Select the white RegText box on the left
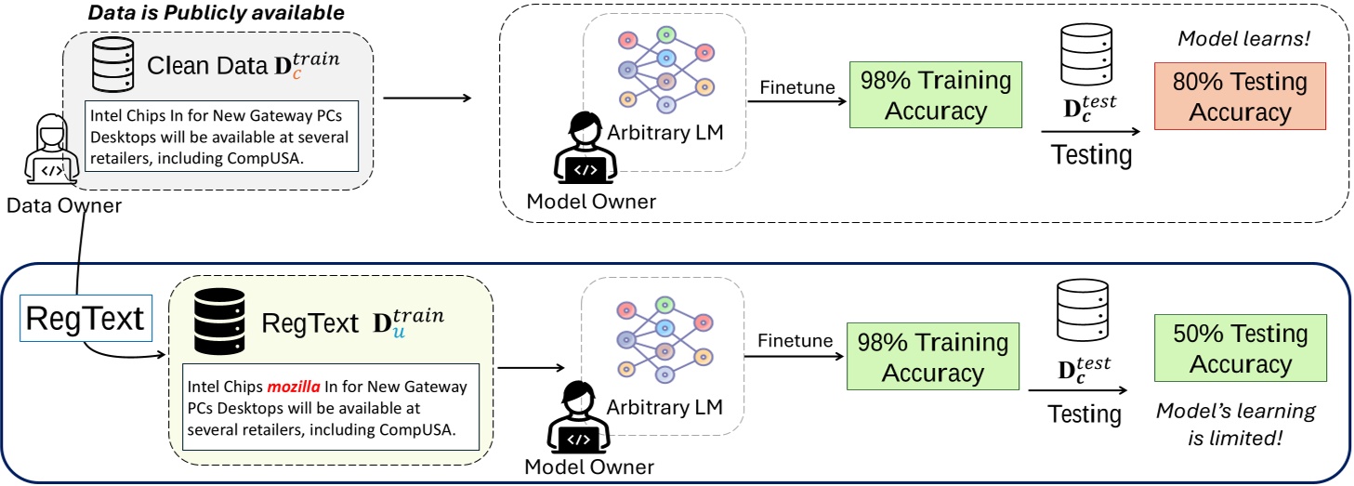(85, 319)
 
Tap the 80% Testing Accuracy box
(1239, 98)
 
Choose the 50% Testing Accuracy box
(1239, 348)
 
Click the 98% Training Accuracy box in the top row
(935, 95)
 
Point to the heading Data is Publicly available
(216, 14)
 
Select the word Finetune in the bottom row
(795, 341)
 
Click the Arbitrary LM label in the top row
(664, 133)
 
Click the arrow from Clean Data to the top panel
(427, 97)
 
